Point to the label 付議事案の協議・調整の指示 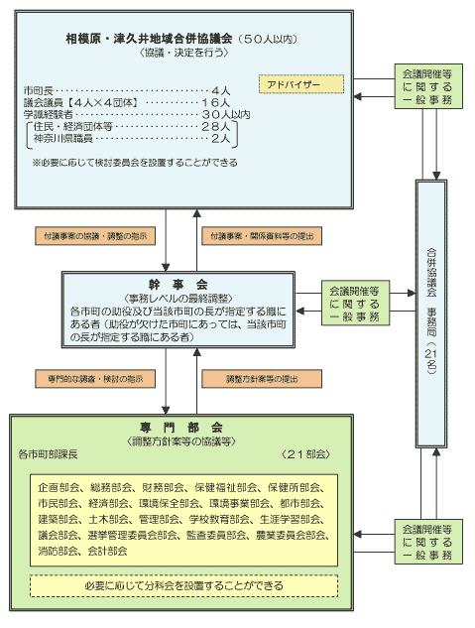coord(96,237)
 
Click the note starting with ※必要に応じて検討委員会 coord(134,160)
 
